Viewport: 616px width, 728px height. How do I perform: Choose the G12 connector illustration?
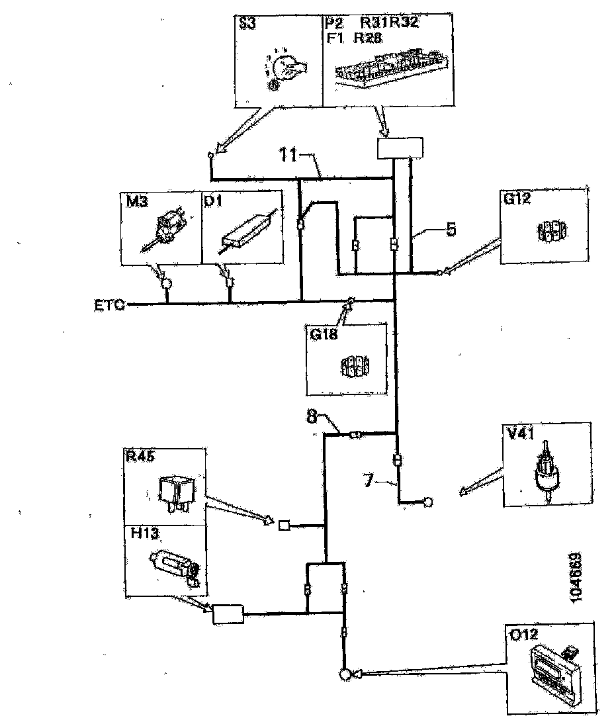(550, 232)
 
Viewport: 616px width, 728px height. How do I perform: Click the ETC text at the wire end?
(109, 306)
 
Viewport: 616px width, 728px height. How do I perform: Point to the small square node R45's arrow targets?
(285, 526)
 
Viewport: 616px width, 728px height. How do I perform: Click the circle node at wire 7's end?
(428, 502)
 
